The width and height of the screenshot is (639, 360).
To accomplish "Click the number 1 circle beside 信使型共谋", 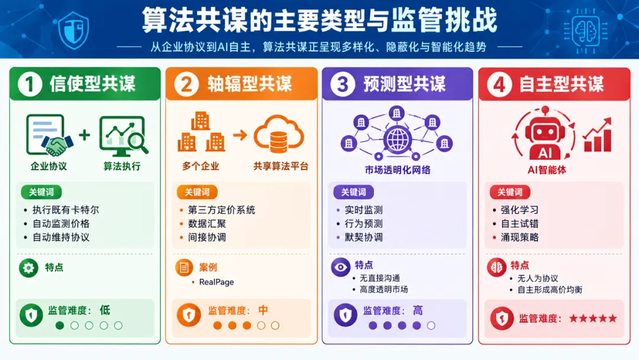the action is [x=30, y=85].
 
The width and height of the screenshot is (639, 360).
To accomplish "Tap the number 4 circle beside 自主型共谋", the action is [x=499, y=85].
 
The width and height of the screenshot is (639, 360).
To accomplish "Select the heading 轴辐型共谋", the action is [x=250, y=85].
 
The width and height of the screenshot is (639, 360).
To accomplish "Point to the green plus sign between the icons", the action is [x=85, y=134].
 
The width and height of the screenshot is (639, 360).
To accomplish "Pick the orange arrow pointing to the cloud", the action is [x=240, y=135].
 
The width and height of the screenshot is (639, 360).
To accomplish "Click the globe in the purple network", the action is [x=396, y=139].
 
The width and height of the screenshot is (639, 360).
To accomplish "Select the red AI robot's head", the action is [x=546, y=133].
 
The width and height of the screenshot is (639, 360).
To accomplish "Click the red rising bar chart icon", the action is [x=598, y=135].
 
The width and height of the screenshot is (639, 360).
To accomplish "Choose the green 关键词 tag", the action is [x=41, y=192].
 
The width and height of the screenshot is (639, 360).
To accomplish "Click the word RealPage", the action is [x=217, y=282].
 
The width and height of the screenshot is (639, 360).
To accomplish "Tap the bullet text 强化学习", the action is [x=519, y=210].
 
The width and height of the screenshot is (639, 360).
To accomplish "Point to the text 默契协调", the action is [x=363, y=237].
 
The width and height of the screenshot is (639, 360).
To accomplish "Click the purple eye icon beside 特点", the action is [x=341, y=268].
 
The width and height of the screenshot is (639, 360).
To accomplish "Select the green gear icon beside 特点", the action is [x=28, y=268].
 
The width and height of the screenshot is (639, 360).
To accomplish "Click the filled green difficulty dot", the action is [x=60, y=325].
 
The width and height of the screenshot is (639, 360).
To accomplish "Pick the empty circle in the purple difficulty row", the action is [x=431, y=325].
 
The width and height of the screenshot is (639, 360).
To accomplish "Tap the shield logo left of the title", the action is [x=73, y=30].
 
